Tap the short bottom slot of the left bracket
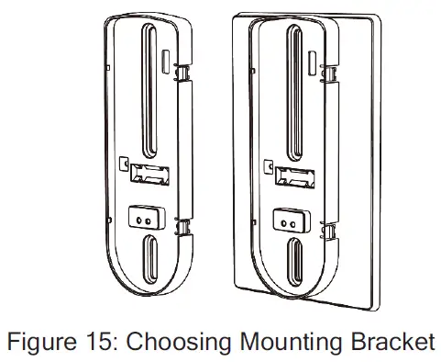tap(149, 256)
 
